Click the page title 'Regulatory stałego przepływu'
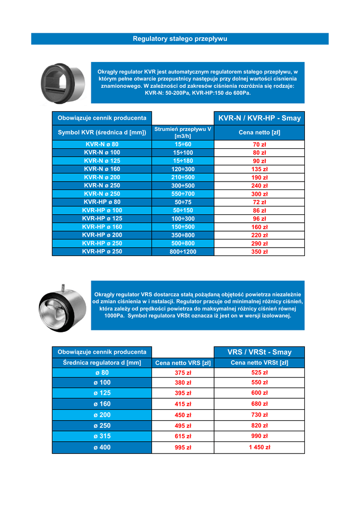180,39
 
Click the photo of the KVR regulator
63,83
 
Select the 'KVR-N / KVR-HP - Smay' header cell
259,118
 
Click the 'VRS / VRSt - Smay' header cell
259,352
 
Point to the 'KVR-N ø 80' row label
102,144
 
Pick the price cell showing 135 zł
259,169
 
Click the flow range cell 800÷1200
183,252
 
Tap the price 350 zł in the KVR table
259,252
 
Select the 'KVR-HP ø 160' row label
102,227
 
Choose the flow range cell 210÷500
183,178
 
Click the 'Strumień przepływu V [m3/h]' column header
183,132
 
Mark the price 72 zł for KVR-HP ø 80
259,202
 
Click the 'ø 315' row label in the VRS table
102,436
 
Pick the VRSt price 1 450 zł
259,447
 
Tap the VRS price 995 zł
183,447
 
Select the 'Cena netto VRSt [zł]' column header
259,363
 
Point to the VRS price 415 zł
183,404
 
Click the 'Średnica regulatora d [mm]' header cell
102,363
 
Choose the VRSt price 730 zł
259,415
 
